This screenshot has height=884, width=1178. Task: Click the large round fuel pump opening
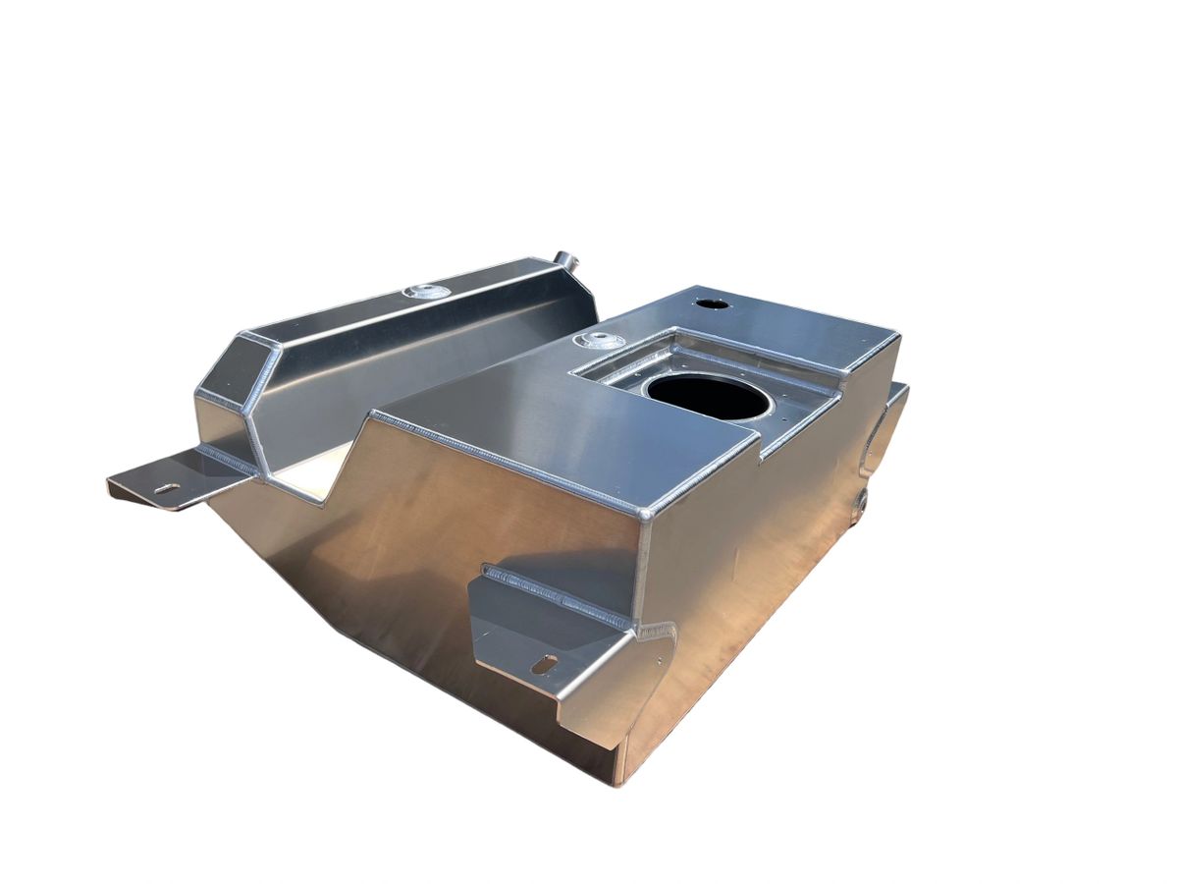pos(705,396)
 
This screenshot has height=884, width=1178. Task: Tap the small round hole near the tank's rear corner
pos(712,304)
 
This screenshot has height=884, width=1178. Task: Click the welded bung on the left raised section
pos(428,292)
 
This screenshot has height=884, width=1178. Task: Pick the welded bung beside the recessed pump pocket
pos(601,341)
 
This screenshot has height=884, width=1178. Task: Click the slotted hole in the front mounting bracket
pos(544,665)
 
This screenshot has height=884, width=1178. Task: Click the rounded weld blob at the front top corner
pos(646,513)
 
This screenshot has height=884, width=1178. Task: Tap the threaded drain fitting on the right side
pos(862,502)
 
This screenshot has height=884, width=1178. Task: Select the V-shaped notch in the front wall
pos(344,462)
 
